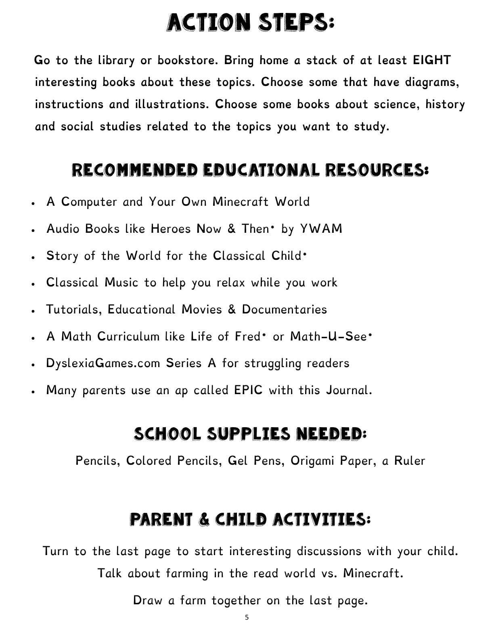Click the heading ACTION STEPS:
tap(251, 23)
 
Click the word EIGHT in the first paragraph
tap(431, 61)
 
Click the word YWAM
tap(321, 229)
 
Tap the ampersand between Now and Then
tap(231, 229)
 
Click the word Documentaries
tap(284, 310)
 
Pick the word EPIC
tap(248, 390)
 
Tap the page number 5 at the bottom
tap(247, 618)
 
